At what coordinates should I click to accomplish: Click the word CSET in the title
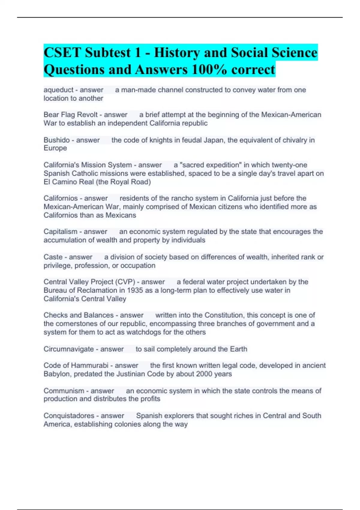pos(62,53)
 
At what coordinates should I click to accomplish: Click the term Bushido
pos(57,140)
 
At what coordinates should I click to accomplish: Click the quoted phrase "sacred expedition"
pos(207,165)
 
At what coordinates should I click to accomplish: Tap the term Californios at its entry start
pos(61,198)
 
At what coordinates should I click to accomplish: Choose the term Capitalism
pos(60,232)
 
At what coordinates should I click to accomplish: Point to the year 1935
pos(135,290)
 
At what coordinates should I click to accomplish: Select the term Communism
pos(64,391)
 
